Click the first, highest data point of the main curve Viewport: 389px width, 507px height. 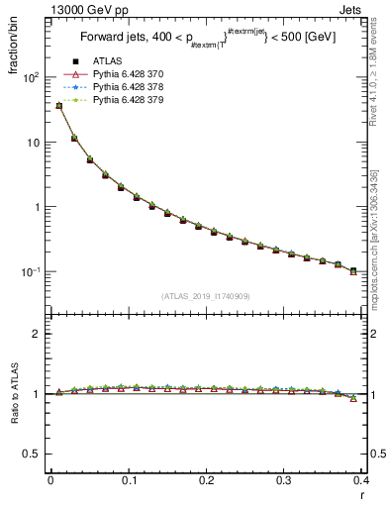point(58,106)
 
